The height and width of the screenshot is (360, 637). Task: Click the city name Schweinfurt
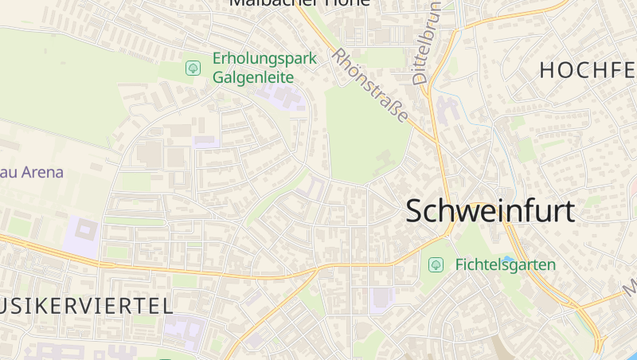point(490,211)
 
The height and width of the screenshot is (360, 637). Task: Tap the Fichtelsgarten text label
point(505,264)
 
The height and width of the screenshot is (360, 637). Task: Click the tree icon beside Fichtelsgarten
point(436,264)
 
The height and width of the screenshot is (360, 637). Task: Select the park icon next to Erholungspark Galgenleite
point(193,68)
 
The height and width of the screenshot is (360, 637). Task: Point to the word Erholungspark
point(264,59)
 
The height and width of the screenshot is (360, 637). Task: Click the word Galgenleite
point(253,77)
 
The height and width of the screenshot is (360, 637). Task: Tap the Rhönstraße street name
point(371,86)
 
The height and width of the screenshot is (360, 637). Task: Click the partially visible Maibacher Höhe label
point(299,3)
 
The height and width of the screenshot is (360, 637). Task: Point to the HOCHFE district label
point(588,70)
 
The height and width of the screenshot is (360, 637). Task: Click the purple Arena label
point(32,172)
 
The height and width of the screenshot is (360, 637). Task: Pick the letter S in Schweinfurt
point(416,211)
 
